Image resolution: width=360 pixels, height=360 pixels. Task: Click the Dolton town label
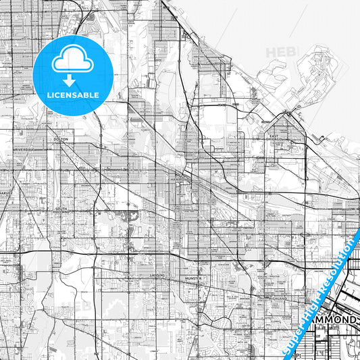(61, 139)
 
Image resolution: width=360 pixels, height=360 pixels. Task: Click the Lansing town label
(157, 276)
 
